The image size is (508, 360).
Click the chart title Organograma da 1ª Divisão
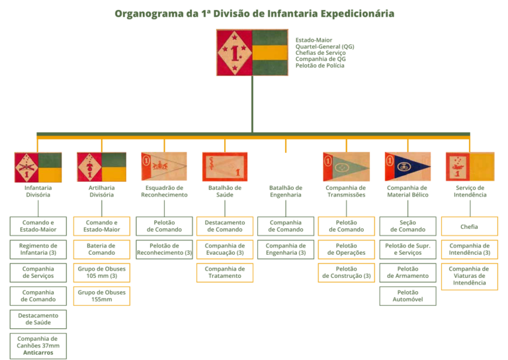[x=254, y=13]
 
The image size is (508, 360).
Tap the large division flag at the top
[x=252, y=52]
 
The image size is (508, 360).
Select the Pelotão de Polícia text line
[x=319, y=66]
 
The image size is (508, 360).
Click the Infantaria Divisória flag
[x=38, y=167]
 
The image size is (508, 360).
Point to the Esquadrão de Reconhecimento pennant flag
[x=164, y=167]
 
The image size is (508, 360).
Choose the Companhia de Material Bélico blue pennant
[x=407, y=167]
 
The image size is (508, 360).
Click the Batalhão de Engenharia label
[x=286, y=191]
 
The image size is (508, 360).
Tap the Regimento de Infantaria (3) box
[x=38, y=249]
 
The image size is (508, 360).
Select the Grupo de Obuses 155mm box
[x=101, y=296]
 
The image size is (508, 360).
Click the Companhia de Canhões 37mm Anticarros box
[x=38, y=345]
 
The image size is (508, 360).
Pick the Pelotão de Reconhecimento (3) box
[x=164, y=249]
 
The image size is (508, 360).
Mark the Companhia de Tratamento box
[x=225, y=273]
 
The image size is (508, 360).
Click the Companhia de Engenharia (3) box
[x=286, y=249]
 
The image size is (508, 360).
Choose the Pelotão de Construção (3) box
[x=346, y=273]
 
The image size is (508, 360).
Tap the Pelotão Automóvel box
[x=407, y=296]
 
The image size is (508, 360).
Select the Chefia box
[x=469, y=226]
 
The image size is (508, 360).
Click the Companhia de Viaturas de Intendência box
[x=469, y=276]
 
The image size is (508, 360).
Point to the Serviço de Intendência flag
[x=469, y=167]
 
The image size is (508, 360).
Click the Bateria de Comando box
[x=101, y=249]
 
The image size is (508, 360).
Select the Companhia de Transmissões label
[x=346, y=191]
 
